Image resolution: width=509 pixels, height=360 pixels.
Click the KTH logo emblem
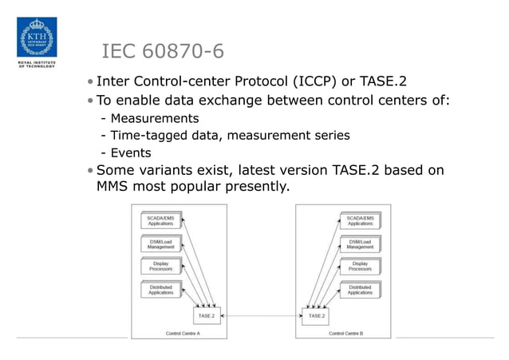point(37,34)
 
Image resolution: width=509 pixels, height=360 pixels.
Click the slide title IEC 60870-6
point(163,53)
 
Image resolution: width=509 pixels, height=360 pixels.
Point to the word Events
point(131,153)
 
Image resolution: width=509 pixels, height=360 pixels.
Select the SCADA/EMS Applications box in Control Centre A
point(160,220)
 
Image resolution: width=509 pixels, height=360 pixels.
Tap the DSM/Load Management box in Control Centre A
point(160,243)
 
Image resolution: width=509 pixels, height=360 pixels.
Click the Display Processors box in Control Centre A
point(160,267)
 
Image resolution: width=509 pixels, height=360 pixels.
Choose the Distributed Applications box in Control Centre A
point(160,289)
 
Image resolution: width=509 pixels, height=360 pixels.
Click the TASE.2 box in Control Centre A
point(206,316)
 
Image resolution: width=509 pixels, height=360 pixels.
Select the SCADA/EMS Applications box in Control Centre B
point(360,220)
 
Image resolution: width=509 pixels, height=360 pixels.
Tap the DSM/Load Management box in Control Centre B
point(360,243)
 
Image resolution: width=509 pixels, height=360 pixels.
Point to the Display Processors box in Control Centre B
point(360,267)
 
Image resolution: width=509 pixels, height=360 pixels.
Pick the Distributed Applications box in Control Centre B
point(360,289)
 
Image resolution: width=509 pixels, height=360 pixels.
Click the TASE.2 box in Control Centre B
point(316,316)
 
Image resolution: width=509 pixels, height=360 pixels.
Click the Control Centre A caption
point(183,333)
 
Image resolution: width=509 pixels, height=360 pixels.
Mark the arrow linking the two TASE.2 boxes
point(261,316)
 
